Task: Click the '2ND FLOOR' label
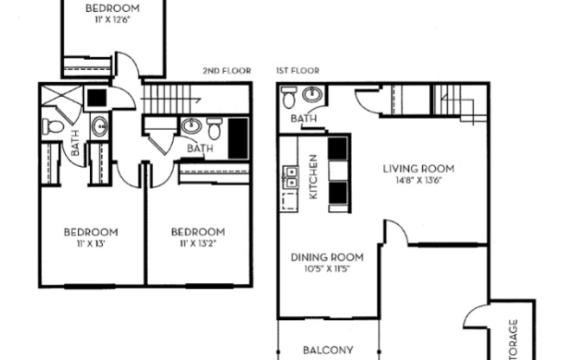[x=227, y=70]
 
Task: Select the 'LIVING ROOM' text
[x=419, y=169]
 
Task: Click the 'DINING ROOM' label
[x=326, y=257]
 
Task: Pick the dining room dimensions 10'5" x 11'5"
[x=326, y=270]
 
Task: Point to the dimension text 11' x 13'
[x=91, y=245]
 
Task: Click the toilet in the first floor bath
[x=289, y=99]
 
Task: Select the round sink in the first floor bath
[x=315, y=95]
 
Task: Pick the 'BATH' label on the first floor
[x=303, y=119]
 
